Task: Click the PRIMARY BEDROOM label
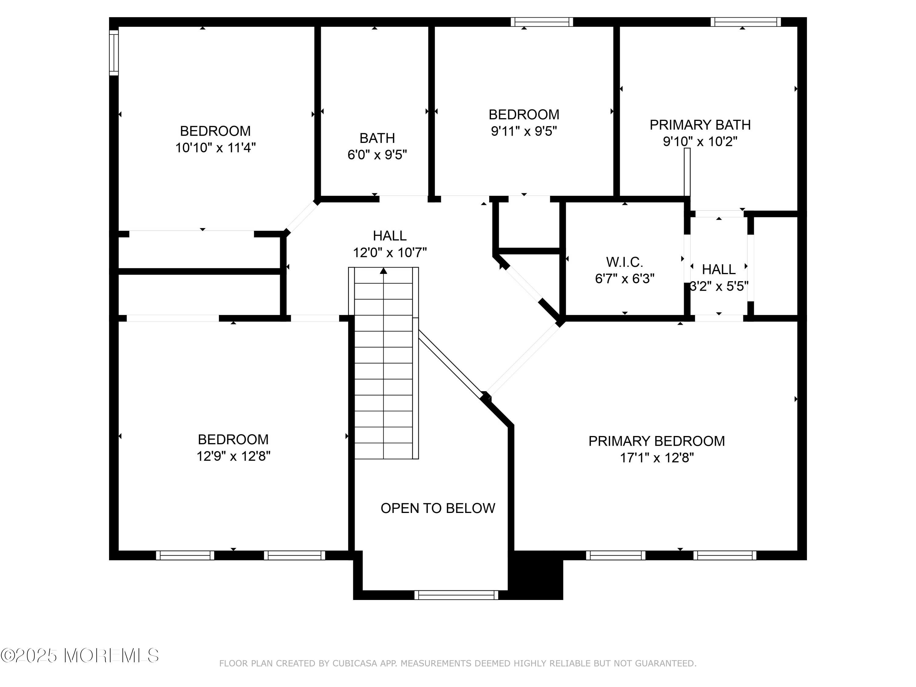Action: pos(656,441)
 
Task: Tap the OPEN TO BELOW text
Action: pos(438,508)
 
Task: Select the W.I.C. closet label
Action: pos(624,262)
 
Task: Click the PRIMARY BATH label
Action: pos(700,125)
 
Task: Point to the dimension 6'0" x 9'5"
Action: pos(377,154)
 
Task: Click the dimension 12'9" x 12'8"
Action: pos(234,456)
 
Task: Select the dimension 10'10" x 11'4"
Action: pos(215,147)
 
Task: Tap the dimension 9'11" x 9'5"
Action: pos(524,131)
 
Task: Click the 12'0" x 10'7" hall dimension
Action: pos(390,252)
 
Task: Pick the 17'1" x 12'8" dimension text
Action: pos(657,458)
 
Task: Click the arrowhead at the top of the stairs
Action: pos(383,271)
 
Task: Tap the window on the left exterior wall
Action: pos(114,53)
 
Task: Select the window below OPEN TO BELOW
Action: pos(456,595)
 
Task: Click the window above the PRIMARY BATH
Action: pos(746,22)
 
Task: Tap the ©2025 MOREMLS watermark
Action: pos(79,656)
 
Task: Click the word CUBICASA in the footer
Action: pos(355,675)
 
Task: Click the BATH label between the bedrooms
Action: pos(377,138)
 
